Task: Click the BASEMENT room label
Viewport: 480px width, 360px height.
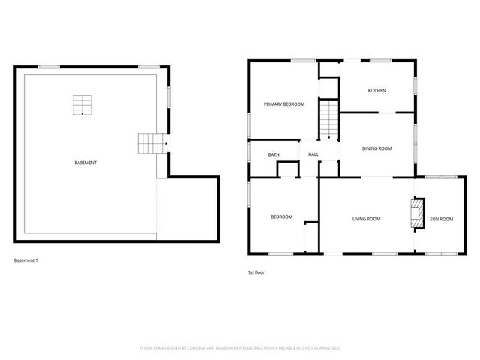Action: [x=85, y=163]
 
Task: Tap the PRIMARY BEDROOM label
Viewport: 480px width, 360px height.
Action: [x=284, y=103]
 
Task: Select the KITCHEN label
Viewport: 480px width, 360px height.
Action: [x=376, y=91]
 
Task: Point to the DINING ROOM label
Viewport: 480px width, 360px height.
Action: [x=377, y=148]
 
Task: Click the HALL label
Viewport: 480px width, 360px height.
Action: [x=313, y=155]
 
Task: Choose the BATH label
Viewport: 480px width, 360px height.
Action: [x=274, y=155]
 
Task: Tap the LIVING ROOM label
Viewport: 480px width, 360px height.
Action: [x=367, y=219]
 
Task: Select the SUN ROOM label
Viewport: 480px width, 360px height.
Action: [x=441, y=219]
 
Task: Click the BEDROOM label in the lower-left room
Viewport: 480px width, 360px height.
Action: [x=281, y=217]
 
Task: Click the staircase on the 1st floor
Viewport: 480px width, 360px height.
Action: [x=330, y=120]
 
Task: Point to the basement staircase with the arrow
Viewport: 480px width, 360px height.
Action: [x=152, y=143]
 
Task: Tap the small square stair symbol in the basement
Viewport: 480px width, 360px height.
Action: [x=82, y=105]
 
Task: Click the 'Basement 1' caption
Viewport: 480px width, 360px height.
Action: [x=26, y=260]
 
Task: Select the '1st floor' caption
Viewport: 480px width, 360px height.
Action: [x=257, y=271]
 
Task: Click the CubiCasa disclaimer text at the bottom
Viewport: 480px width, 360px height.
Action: [x=240, y=348]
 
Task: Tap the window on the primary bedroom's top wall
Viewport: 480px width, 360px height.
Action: [x=302, y=60]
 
